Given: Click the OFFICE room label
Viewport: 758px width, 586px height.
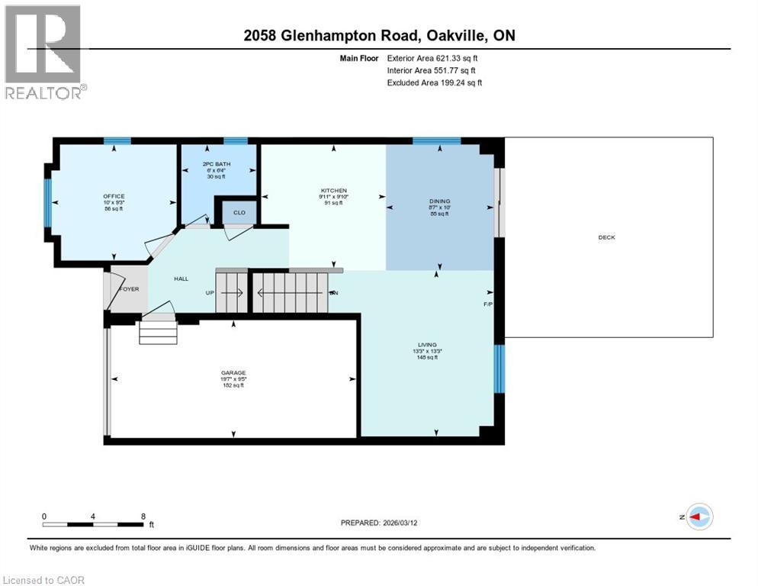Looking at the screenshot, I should click(114, 196).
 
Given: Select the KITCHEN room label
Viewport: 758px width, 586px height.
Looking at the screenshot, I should click(333, 191).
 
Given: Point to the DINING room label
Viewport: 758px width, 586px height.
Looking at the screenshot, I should click(440, 202).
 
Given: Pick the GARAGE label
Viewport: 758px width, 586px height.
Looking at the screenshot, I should click(233, 373).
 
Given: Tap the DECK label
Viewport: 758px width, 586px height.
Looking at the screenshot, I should click(606, 237).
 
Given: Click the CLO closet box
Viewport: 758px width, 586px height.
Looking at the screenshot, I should click(239, 212).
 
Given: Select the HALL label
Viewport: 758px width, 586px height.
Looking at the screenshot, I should click(181, 279).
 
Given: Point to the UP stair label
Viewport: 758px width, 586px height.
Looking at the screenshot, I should click(208, 292).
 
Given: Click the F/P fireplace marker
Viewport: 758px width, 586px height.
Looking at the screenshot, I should click(488, 304).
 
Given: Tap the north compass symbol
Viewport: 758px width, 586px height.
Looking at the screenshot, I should click(698, 517).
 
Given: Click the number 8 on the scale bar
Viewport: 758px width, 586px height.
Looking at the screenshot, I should click(143, 516).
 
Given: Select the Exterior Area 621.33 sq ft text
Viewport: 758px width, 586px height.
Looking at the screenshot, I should click(432, 58).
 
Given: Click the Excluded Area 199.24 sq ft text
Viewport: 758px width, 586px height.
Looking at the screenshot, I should click(434, 82).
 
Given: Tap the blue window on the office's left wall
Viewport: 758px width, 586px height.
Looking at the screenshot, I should click(48, 201).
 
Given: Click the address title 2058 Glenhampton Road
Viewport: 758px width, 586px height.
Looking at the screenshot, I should click(330, 36).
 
